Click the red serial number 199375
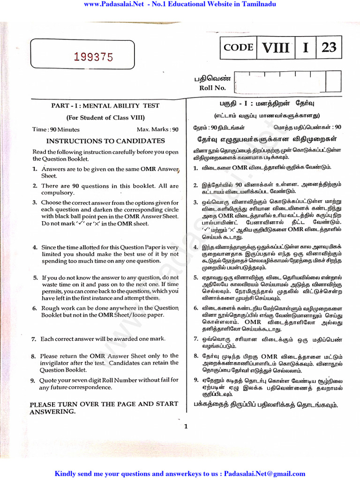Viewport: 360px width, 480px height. click(94, 57)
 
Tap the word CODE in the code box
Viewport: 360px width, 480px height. click(239, 47)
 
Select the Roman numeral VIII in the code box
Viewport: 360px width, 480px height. click(276, 48)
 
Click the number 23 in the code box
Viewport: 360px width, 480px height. click(329, 48)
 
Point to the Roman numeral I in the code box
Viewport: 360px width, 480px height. click(306, 48)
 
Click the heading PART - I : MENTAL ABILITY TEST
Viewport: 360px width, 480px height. click(105, 106)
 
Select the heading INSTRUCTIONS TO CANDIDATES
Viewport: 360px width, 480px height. click(105, 141)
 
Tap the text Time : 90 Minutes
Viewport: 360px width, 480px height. click(56, 129)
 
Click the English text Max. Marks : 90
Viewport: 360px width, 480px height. click(157, 129)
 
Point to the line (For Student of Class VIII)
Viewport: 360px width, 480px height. click(105, 118)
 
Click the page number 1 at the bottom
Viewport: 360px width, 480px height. click(186, 426)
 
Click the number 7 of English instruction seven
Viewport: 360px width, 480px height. click(34, 339)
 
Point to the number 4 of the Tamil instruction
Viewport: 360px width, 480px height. click(195, 247)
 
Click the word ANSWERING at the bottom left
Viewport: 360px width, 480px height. click(52, 412)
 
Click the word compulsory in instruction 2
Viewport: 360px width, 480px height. click(58, 193)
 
